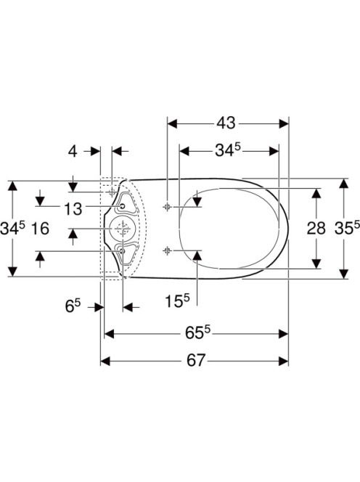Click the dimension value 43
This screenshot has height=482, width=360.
(x=226, y=123)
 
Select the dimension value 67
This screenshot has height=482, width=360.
(x=195, y=360)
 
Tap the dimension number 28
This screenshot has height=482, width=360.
(x=316, y=229)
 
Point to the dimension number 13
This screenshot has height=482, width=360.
(x=73, y=209)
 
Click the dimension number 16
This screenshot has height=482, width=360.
(x=40, y=229)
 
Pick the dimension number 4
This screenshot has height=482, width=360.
(x=73, y=151)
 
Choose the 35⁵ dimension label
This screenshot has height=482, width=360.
(x=347, y=228)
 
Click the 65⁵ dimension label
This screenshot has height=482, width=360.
(x=197, y=332)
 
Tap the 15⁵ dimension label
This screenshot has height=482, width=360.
(x=177, y=301)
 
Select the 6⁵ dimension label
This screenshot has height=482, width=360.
(x=73, y=306)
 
